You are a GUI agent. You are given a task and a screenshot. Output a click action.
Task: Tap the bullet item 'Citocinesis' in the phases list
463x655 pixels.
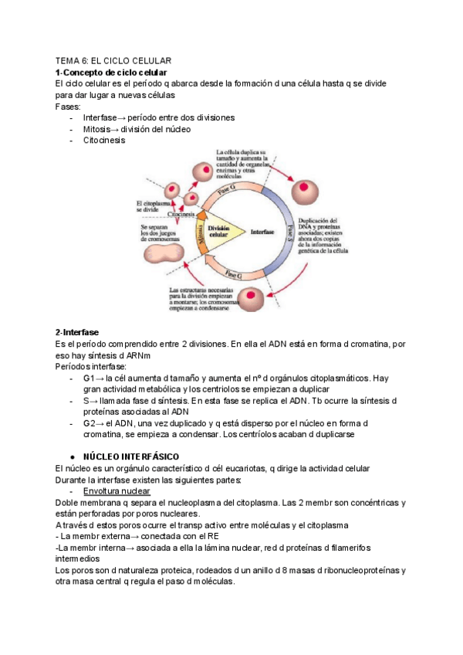[x=103, y=141]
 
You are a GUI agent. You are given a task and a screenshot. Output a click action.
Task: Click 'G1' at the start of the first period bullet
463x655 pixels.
[x=88, y=378]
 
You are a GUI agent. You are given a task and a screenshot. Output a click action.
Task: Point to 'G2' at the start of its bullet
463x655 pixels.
[x=88, y=424]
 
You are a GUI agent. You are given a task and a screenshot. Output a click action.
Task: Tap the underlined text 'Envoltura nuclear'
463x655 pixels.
[x=117, y=492]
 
